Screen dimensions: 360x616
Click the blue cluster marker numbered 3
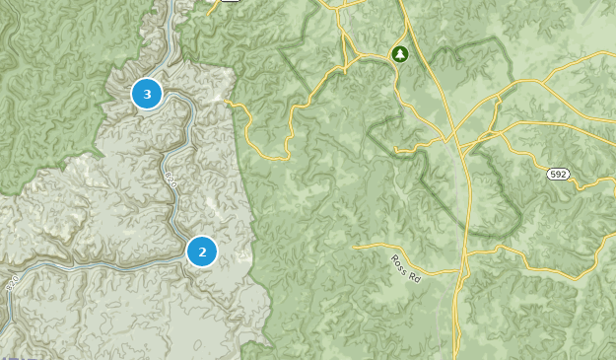click(148, 95)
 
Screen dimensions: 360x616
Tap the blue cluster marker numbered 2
click(202, 252)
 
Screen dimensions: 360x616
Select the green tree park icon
click(399, 53)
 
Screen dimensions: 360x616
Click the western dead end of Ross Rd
click(354, 245)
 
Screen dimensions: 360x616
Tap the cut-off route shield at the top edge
click(229, 2)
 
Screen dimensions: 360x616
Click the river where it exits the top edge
click(173, 3)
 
